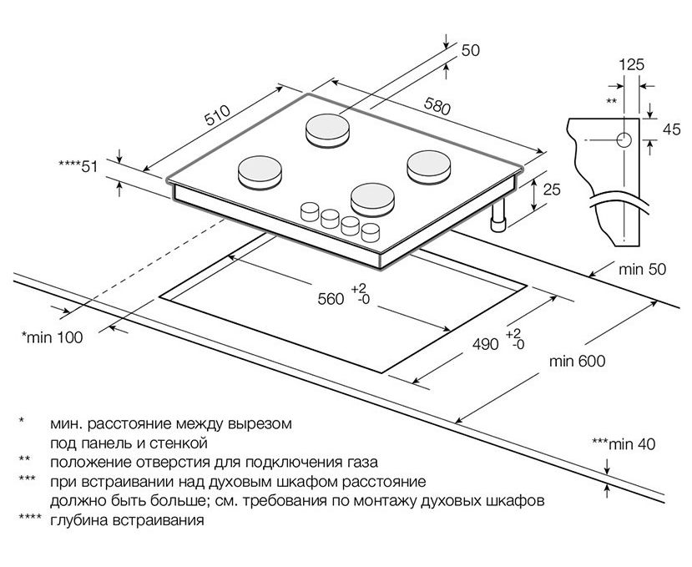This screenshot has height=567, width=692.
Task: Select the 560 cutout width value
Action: click(331, 299)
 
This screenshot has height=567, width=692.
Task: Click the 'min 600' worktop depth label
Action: click(577, 362)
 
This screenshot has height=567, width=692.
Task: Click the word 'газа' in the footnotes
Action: click(361, 461)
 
